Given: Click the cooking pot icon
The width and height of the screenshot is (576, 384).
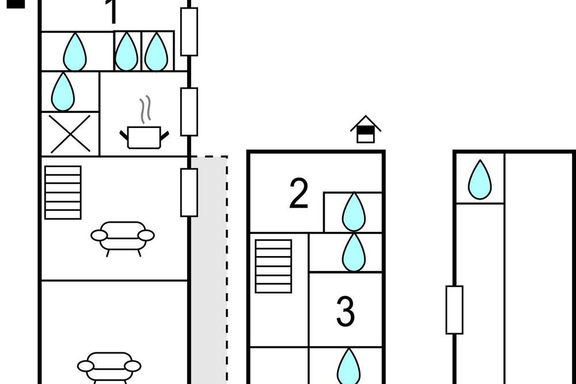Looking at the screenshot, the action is point(144,137).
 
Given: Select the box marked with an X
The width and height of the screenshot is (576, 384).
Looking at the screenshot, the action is point(70,134).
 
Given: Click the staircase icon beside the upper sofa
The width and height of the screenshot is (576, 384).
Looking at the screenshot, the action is point(63,193).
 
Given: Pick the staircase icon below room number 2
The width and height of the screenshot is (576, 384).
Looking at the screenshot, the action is point(273,266).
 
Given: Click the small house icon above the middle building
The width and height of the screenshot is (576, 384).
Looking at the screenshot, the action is point(366,129).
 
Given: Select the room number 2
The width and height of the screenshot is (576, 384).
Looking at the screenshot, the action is point(298,193).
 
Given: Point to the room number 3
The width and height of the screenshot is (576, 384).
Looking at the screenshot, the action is point(345,311).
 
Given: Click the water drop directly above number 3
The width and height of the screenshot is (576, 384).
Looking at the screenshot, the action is point(354,253).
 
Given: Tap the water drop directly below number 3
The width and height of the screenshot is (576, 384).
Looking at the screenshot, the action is point(348,366).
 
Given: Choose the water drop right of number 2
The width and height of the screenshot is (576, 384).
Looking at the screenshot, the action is point(354,212).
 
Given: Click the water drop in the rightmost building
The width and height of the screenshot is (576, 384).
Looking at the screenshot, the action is point(480,180).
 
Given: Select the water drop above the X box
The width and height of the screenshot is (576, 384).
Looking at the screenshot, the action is point(63,92).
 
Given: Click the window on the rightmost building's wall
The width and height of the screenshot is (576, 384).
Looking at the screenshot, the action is point(454,310).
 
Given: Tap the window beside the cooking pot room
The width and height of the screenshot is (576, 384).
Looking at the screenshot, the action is point(189,112).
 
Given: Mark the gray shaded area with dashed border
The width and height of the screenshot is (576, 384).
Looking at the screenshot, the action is point(209,270).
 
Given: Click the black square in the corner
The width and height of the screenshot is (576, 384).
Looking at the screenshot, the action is point(16,3).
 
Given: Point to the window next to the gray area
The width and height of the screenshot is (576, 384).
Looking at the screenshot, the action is point(189,193).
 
